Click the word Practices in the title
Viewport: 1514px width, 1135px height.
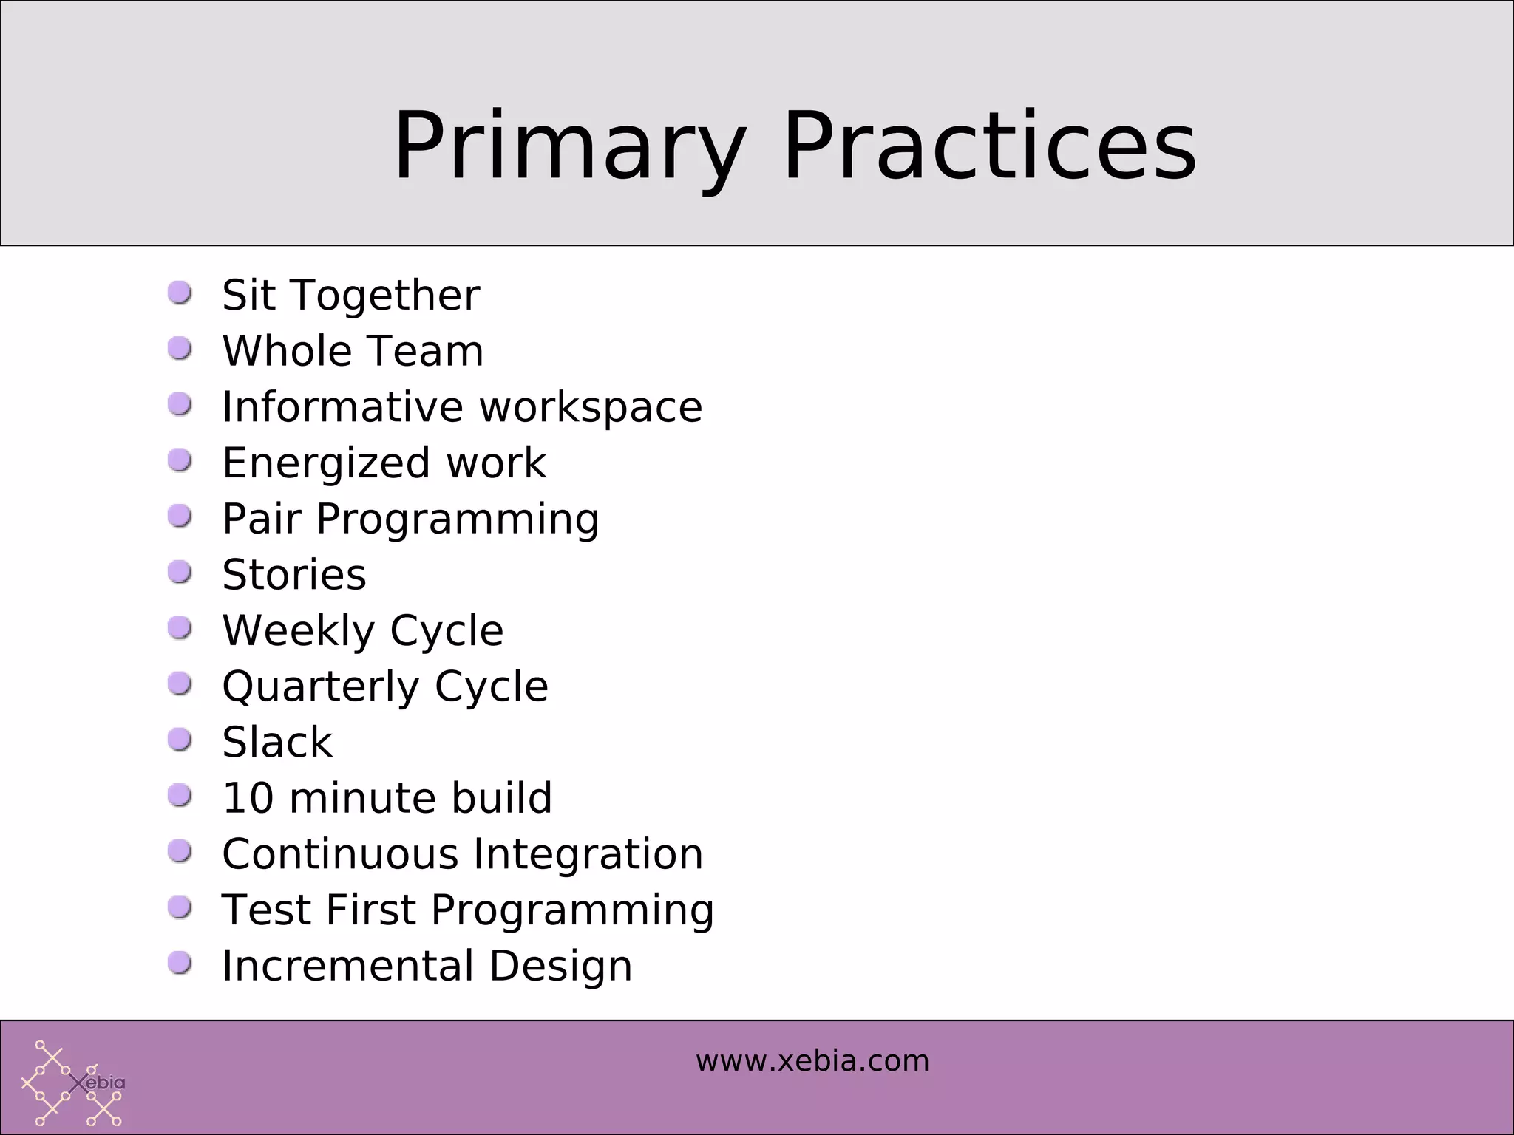pyautogui.click(x=988, y=146)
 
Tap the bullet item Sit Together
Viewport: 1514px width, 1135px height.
pyautogui.click(x=350, y=295)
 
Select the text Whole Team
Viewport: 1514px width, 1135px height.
pyautogui.click(x=353, y=351)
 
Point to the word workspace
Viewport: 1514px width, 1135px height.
pyautogui.click(x=590, y=407)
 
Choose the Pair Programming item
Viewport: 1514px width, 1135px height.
pyautogui.click(x=410, y=519)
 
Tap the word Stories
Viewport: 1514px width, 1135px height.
pyautogui.click(x=293, y=575)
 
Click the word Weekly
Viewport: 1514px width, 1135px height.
pyautogui.click(x=299, y=630)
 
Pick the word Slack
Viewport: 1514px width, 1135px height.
pyautogui.click(x=277, y=743)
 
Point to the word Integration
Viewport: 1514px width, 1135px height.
pyautogui.click(x=588, y=854)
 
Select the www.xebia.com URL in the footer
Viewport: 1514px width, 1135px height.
pyautogui.click(x=812, y=1061)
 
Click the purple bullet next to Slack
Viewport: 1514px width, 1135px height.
pyautogui.click(x=180, y=739)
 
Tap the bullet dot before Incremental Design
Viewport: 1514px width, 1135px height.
pyautogui.click(x=180, y=962)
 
